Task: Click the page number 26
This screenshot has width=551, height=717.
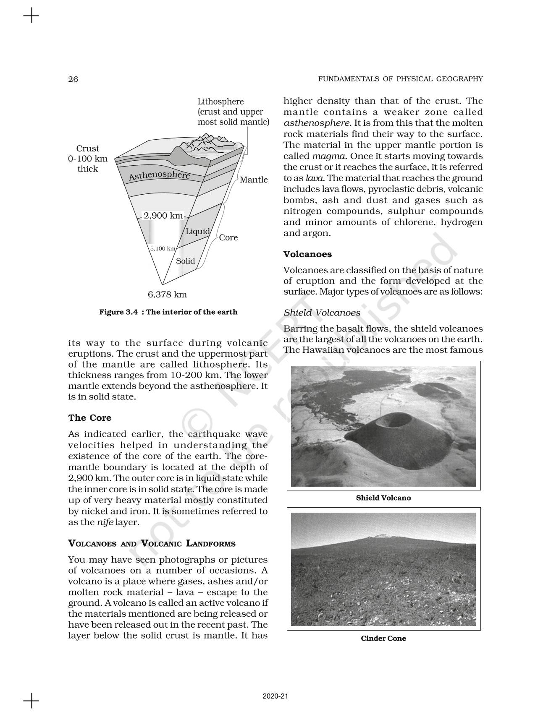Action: coord(73,79)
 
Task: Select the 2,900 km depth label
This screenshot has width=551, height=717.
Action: coord(163,216)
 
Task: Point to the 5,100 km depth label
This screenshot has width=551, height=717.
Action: coord(163,249)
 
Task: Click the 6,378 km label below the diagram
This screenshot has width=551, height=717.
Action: coord(167,295)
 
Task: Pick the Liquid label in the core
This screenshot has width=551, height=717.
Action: coord(197,232)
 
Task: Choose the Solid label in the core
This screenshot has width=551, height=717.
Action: coord(185,261)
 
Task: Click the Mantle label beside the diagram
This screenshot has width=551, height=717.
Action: coord(254,180)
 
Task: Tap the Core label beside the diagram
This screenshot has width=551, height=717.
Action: coord(228,237)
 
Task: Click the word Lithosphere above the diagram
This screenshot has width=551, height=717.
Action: coord(220,102)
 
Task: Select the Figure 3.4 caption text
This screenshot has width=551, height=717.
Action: coord(168,312)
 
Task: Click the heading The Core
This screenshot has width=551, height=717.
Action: coord(90,418)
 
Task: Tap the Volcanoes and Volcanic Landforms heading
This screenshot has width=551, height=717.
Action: coord(152,544)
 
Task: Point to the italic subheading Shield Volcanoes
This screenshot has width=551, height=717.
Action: coord(322,313)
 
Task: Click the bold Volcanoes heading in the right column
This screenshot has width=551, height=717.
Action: coord(307,254)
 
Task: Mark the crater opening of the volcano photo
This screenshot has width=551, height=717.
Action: coord(392,421)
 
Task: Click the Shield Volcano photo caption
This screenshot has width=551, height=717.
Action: coord(383,498)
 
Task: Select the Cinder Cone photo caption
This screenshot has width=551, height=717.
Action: coord(383,639)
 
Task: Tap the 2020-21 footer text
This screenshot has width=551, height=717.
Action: coord(275,696)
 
